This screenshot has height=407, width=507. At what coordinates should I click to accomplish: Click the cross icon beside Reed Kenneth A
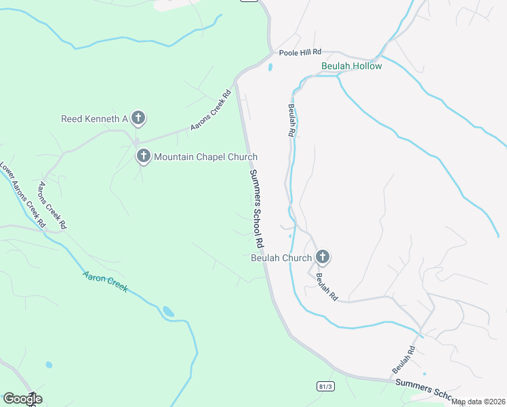138,119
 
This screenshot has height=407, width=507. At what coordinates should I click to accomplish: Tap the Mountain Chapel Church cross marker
144,157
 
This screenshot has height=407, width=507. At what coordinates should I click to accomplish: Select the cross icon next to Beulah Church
323,257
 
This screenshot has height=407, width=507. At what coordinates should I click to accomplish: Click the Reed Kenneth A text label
95,119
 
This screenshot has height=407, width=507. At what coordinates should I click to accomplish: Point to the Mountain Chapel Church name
205,157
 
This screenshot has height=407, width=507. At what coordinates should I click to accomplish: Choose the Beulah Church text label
281,258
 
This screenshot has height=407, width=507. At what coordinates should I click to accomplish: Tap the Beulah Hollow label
352,66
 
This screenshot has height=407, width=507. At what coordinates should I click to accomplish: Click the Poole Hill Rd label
298,52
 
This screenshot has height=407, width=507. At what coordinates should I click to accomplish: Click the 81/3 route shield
325,386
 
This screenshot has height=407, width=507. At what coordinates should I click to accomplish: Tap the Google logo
22,399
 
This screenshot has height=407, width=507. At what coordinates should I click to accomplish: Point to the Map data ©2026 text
479,402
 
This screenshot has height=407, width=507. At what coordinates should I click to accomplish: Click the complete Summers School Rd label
256,208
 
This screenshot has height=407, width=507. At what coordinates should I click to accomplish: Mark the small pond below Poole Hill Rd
270,68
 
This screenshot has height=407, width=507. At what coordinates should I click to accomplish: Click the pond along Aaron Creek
167,311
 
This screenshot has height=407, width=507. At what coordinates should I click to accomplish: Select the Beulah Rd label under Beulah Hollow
291,121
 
